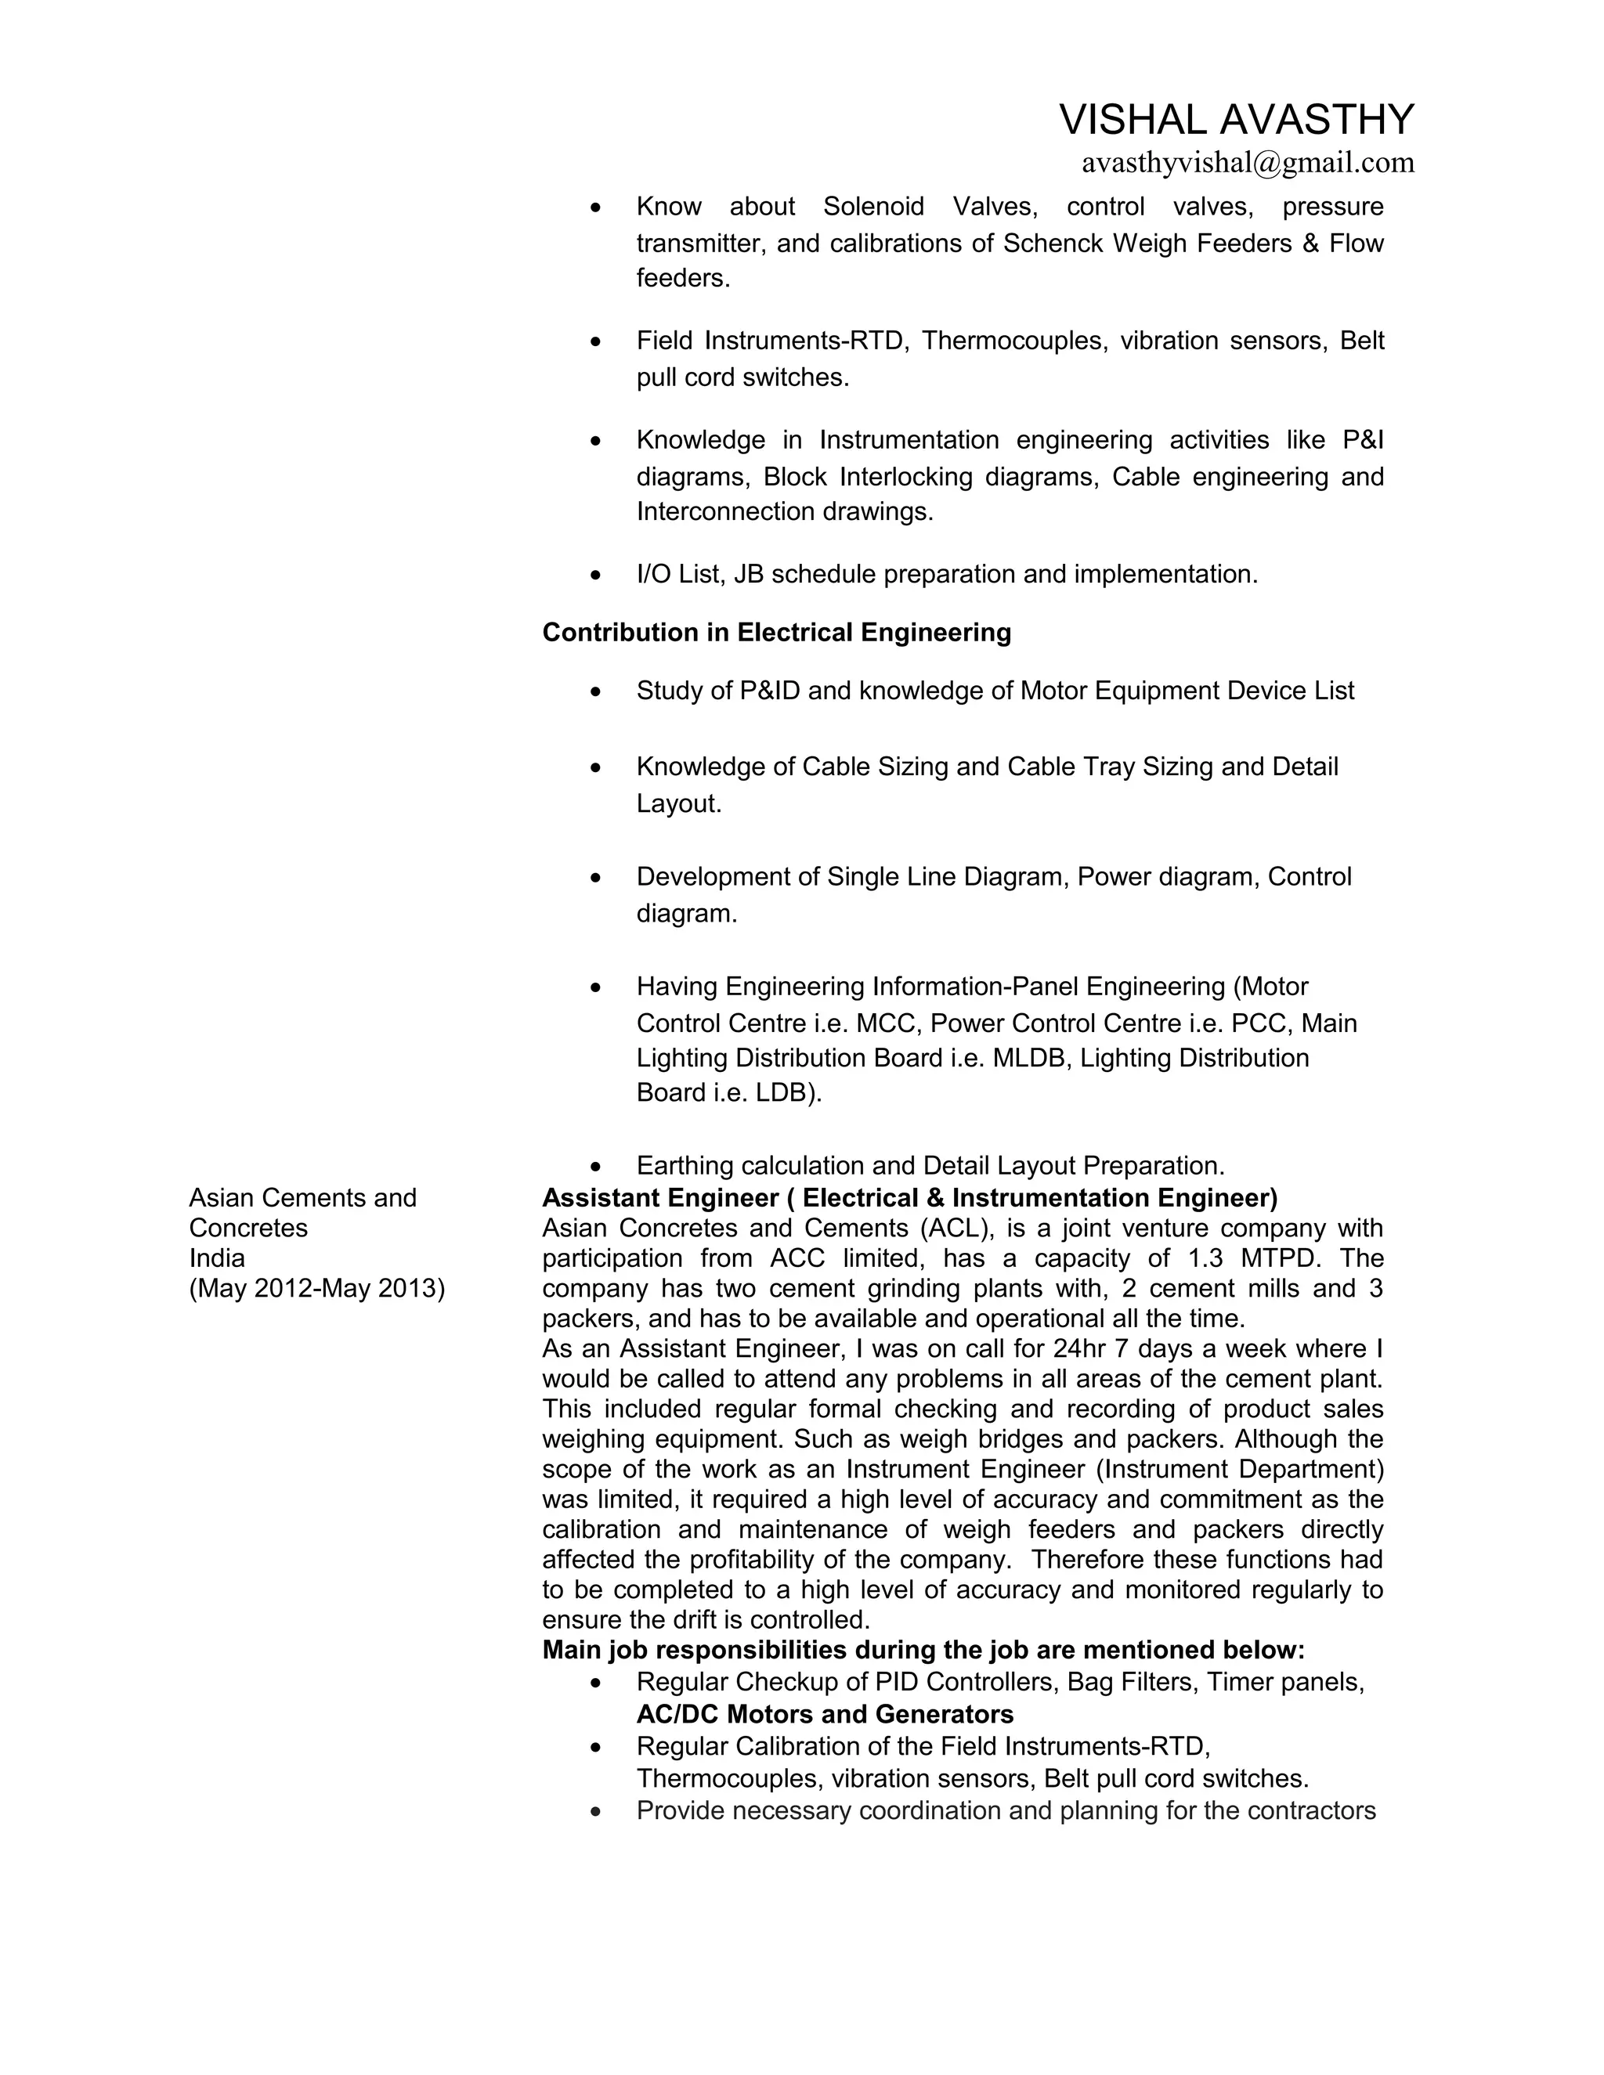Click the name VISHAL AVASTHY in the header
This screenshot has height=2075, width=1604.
coord(1236,120)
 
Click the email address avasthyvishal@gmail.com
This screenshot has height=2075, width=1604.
coord(1248,164)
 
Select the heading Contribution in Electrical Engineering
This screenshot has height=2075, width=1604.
coord(776,633)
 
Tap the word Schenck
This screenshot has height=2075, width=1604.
coord(1053,244)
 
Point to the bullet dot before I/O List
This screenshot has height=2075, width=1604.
coord(596,576)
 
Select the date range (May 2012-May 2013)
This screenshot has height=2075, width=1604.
coord(316,1290)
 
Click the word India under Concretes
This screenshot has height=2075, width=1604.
coord(217,1259)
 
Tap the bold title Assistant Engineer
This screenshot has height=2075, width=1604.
coord(659,1198)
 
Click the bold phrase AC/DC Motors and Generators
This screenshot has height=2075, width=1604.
coord(825,1715)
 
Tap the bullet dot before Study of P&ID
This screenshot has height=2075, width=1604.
coord(596,691)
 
